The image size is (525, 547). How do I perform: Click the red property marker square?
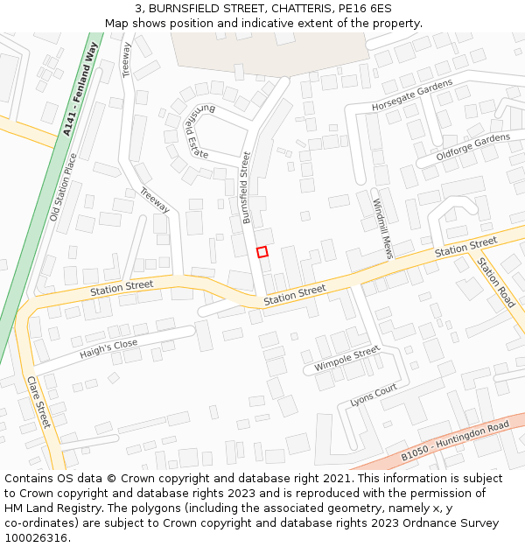pos(262,252)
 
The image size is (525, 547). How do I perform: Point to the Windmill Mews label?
pos(383,226)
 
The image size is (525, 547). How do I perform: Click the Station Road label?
pos(496,281)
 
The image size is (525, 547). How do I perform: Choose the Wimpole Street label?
pos(347,359)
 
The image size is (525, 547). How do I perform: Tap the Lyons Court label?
pos(374,396)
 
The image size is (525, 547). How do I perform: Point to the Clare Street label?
pos(39,403)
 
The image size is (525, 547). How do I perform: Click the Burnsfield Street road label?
pos(246,187)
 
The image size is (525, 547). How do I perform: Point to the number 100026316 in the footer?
pos(37,537)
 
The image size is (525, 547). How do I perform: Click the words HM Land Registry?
pos(45,494)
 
